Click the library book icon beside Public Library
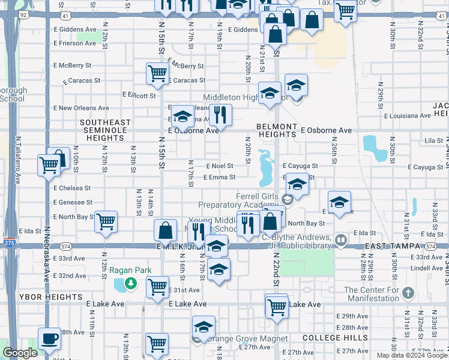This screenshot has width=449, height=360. pyautogui.click(x=341, y=240)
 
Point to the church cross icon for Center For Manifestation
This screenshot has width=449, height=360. pyautogui.click(x=408, y=293)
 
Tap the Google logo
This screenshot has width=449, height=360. pyautogui.click(x=20, y=353)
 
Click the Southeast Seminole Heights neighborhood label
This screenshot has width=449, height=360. pyautogui.click(x=104, y=130)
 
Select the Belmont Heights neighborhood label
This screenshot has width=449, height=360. pyautogui.click(x=276, y=130)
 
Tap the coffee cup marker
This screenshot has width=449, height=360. pyautogui.click(x=49, y=338)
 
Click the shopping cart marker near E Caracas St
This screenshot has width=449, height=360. pyautogui.click(x=157, y=73)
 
